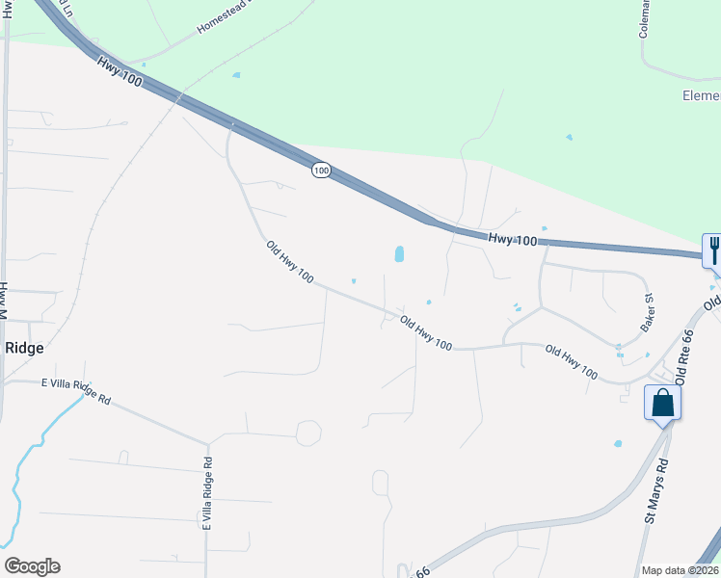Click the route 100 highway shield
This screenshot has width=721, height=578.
pyautogui.click(x=321, y=171)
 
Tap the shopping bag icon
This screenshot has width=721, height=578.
pyautogui.click(x=662, y=402)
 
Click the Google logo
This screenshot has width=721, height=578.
pyautogui.click(x=32, y=566)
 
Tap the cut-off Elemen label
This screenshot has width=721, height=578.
pyautogui.click(x=701, y=95)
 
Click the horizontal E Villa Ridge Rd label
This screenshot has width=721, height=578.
pyautogui.click(x=76, y=390)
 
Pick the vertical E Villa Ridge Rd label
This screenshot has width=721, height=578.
pyautogui.click(x=207, y=491)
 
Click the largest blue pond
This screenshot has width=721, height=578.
pyautogui.click(x=399, y=254)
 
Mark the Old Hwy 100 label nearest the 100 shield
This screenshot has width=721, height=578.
pyautogui.click(x=290, y=262)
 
